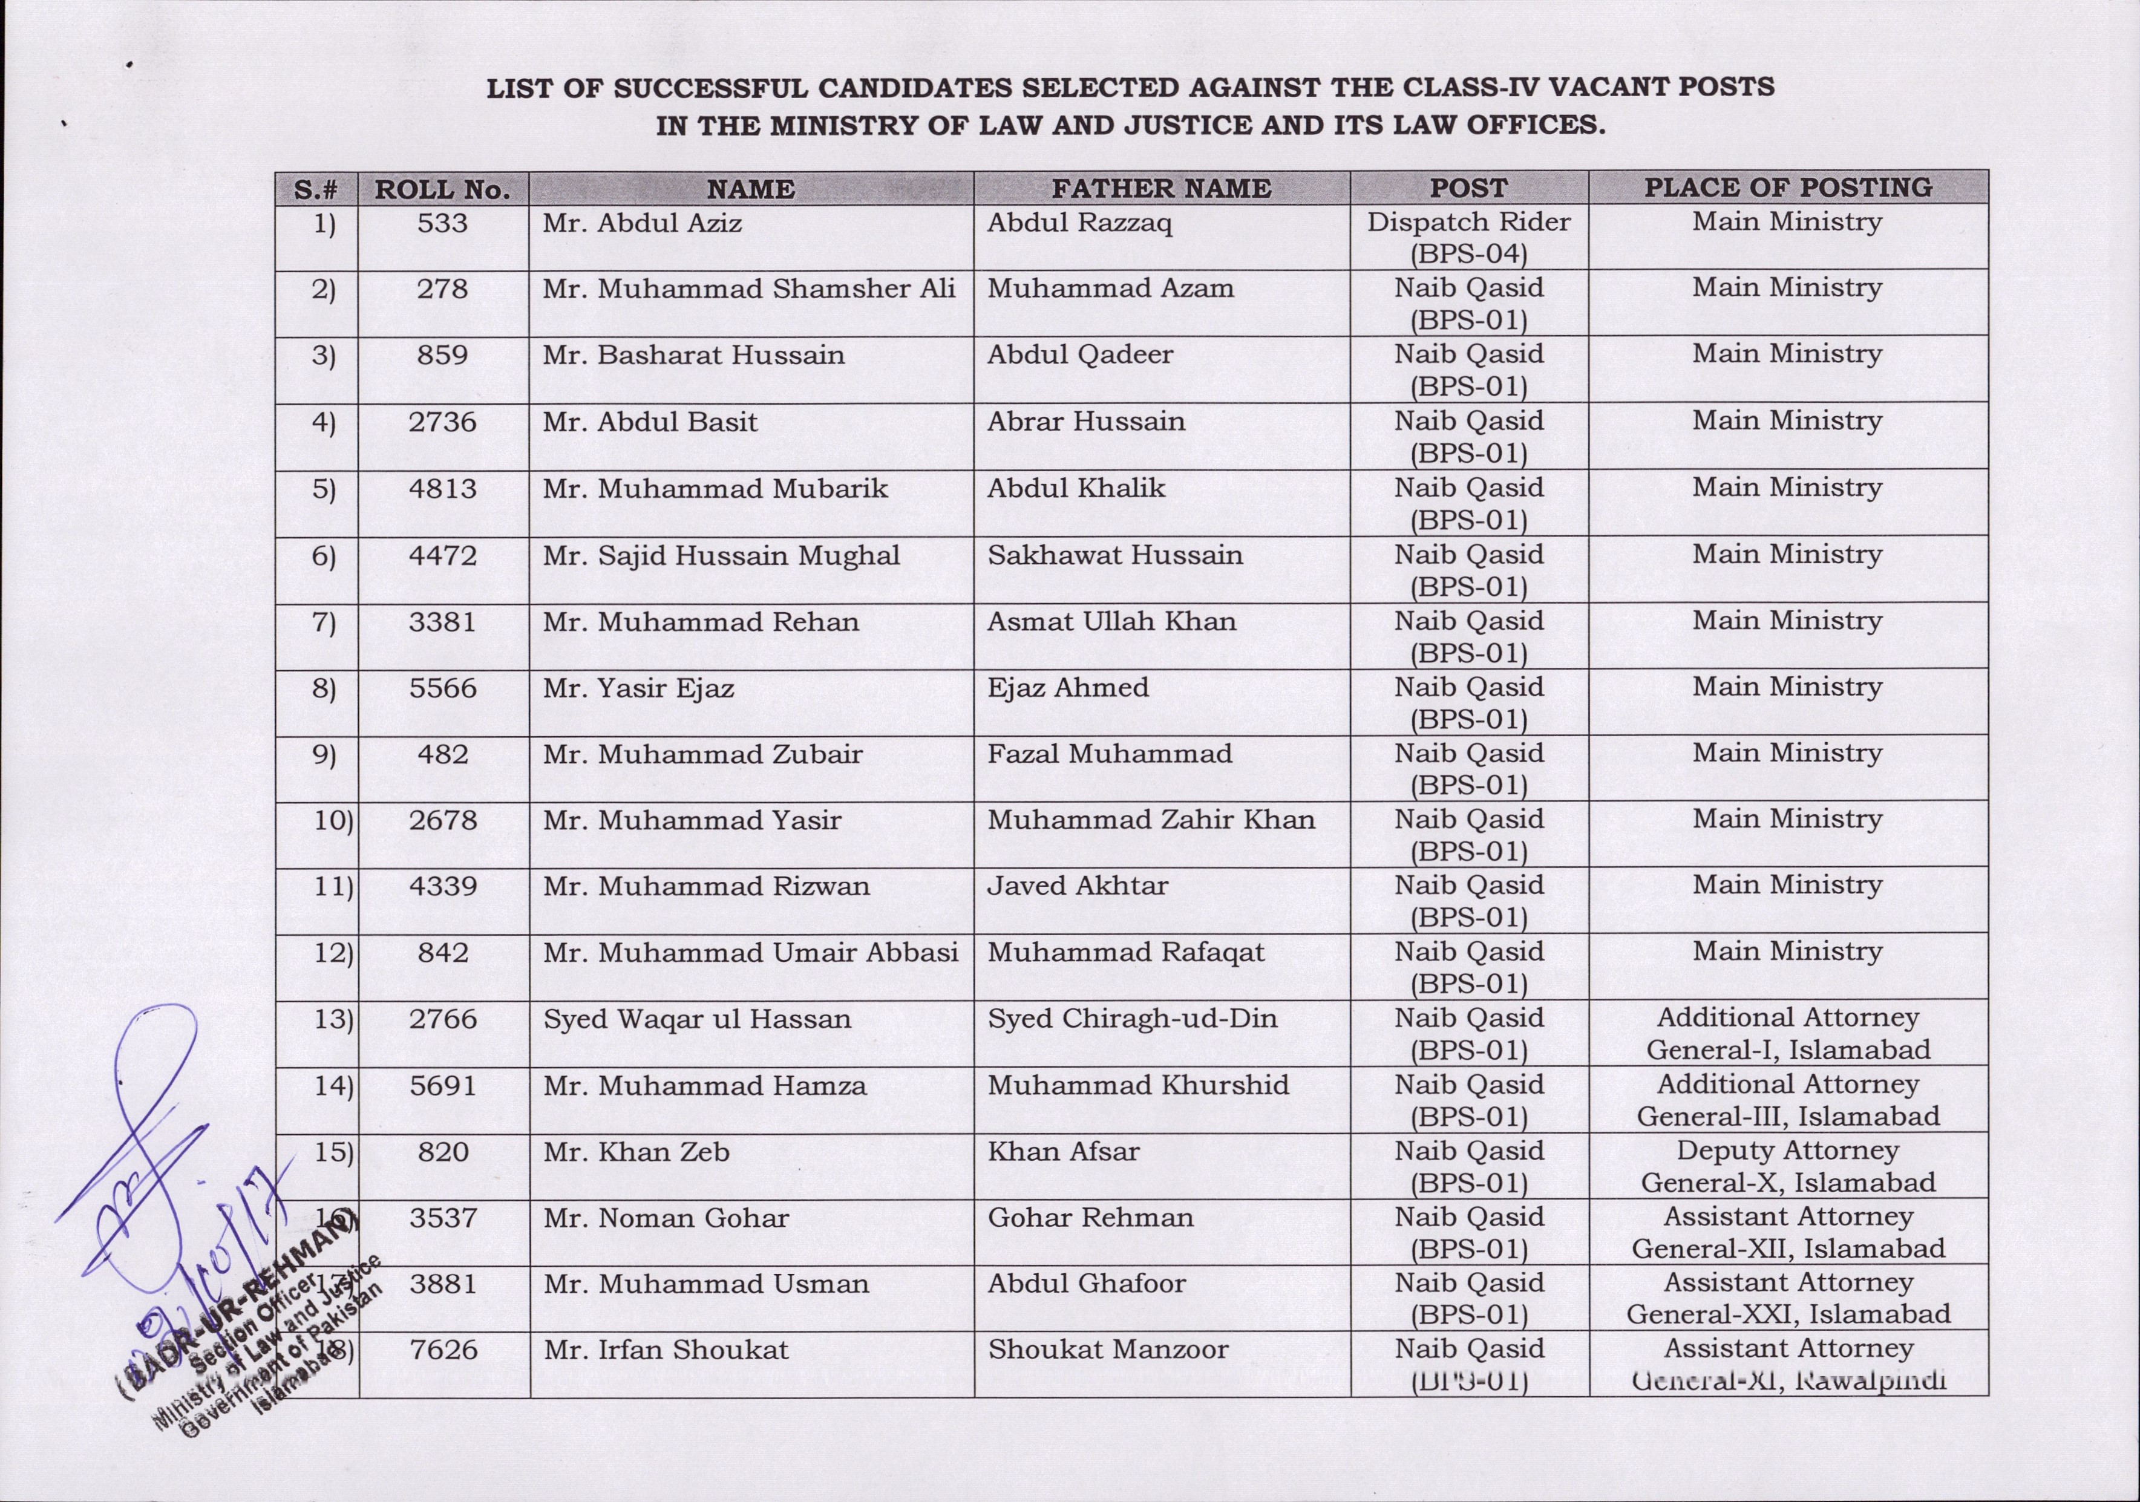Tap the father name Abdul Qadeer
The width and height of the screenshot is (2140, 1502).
pyautogui.click(x=1080, y=355)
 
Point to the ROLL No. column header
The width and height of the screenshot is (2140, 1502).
pyautogui.click(x=443, y=189)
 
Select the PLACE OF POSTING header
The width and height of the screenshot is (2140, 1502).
pyautogui.click(x=1788, y=188)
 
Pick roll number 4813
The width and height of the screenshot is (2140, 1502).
pyautogui.click(x=443, y=488)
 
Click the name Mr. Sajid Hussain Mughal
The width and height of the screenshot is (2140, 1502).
pyautogui.click(x=721, y=555)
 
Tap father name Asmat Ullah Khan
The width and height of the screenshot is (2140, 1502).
pyautogui.click(x=1112, y=621)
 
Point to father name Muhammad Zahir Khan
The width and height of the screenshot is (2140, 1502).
pyautogui.click(x=1151, y=820)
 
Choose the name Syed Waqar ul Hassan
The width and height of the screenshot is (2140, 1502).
pyautogui.click(x=697, y=1019)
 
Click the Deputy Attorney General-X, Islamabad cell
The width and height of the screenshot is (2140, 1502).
pyautogui.click(x=1788, y=1166)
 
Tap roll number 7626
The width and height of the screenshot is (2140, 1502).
pyautogui.click(x=443, y=1349)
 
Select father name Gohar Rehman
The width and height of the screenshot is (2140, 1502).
pyautogui.click(x=1090, y=1218)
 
